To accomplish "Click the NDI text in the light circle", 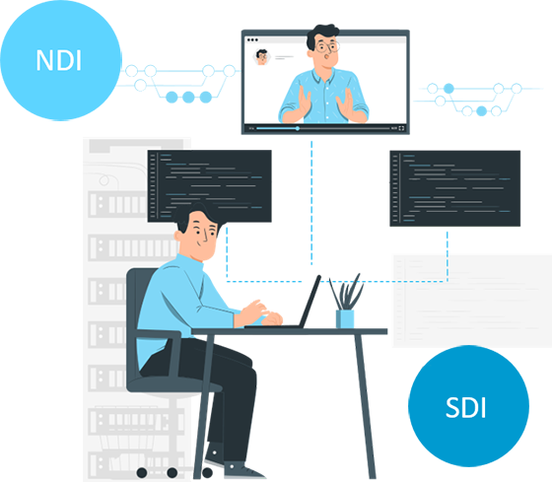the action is tap(59, 60).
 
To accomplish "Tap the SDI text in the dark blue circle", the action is tap(465, 407).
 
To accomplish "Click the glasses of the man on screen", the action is tap(327, 46).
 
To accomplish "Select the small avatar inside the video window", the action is tap(261, 57).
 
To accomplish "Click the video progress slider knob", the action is tap(298, 128).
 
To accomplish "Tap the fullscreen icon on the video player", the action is tap(401, 128).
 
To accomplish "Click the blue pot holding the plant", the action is tap(345, 318).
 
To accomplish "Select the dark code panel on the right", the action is tap(454, 188).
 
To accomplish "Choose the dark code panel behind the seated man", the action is tap(209, 185).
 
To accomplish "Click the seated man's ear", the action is tap(178, 236).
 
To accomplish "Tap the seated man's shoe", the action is tap(243, 471).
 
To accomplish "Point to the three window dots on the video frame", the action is tap(252, 39).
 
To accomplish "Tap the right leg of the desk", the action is tap(365, 406).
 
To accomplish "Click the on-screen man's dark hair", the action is tap(321, 34).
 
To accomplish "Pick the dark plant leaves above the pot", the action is tap(346, 292).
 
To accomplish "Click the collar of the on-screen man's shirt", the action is tap(323, 75).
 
